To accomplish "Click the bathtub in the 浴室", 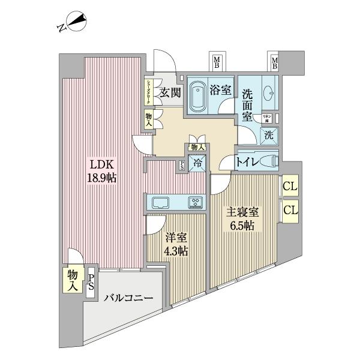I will pos(197,95).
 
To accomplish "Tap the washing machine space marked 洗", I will pos(269,136).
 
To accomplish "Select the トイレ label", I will pos(248,161).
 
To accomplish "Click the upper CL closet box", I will pos(290,187).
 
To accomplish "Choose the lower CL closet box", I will pos(290,210).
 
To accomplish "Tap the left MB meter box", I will pos(218,62).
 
